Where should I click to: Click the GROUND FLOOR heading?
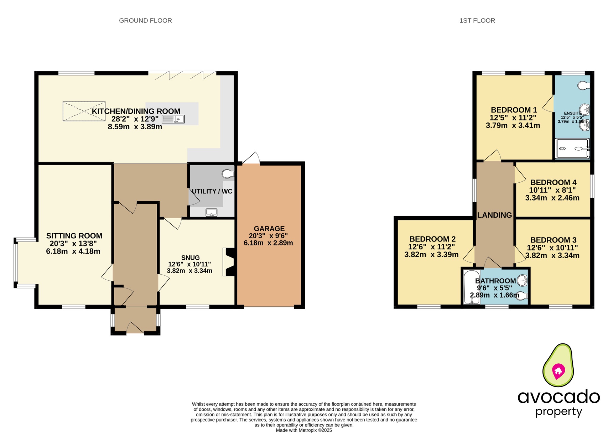(145, 20)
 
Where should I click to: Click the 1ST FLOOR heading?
(477, 20)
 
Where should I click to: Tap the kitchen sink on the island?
(173, 119)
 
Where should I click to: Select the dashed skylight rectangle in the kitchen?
(84, 111)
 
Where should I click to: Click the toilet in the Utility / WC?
(228, 174)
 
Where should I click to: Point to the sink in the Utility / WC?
(211, 212)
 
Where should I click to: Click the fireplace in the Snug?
(229, 262)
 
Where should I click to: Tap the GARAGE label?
(269, 229)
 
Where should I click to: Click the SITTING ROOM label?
(74, 236)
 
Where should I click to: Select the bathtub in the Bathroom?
(472, 287)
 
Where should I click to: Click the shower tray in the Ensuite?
(572, 149)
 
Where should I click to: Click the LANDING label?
(494, 215)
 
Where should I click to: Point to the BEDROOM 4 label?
(553, 182)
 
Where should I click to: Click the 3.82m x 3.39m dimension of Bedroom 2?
(431, 254)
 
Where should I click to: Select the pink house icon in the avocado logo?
(558, 371)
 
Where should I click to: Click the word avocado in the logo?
(558, 397)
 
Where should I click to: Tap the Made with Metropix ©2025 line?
(304, 430)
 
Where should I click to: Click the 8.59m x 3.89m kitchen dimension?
(135, 127)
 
